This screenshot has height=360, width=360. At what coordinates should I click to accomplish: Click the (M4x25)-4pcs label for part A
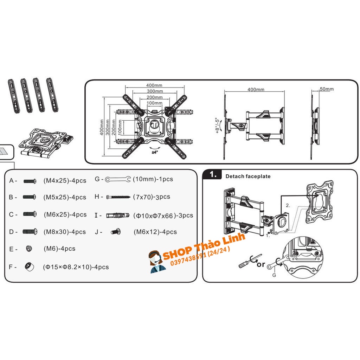65,181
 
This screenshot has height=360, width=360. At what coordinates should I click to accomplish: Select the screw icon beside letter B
29,197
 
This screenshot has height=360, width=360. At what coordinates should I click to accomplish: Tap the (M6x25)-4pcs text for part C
65,214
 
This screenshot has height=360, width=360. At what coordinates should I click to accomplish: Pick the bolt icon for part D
30,232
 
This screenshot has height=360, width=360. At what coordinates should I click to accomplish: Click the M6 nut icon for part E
29,249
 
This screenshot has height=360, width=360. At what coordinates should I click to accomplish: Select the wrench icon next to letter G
118,179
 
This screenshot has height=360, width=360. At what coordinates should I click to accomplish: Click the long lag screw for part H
118,197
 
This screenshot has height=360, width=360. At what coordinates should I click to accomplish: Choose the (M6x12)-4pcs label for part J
155,232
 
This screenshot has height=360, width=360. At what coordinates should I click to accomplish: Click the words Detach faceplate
248,176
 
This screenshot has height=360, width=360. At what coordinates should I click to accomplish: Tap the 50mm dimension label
327,89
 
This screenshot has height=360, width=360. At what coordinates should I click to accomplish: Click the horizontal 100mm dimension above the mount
154,103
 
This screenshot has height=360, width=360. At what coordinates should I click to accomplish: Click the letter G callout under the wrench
274,275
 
